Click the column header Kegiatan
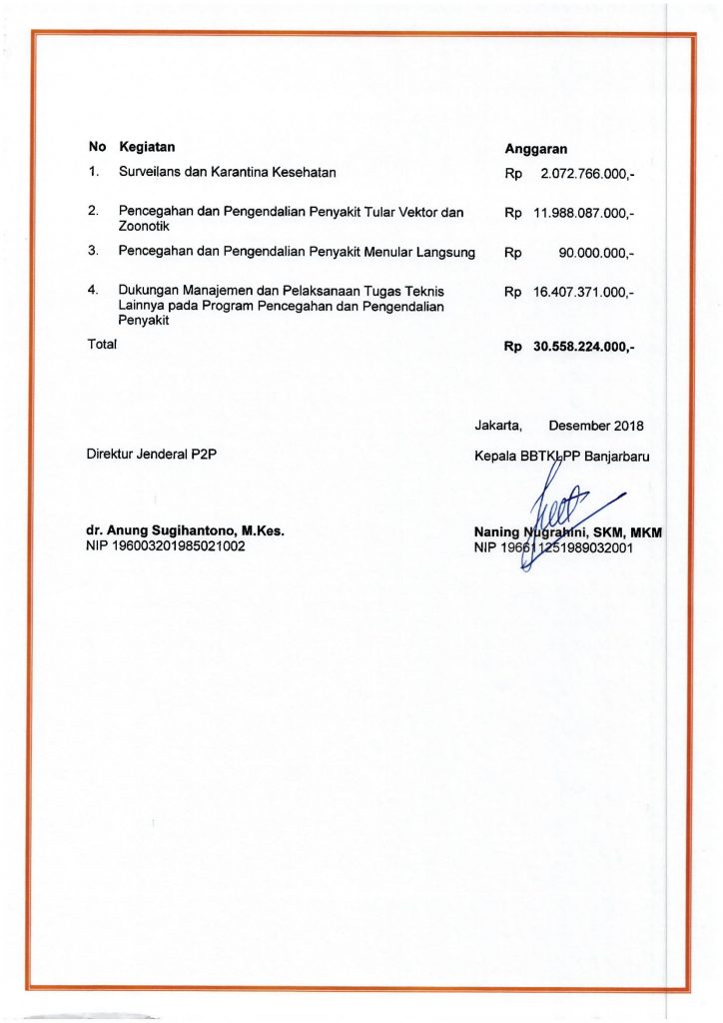point(147,148)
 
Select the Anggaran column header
point(536,149)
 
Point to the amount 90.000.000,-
point(596,254)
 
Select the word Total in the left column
point(103,344)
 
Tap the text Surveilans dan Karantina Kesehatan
point(227,172)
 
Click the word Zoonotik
point(145,227)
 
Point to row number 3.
point(93,251)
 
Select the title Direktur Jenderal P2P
point(153,455)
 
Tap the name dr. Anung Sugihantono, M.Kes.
point(186,531)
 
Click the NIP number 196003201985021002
point(167,546)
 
